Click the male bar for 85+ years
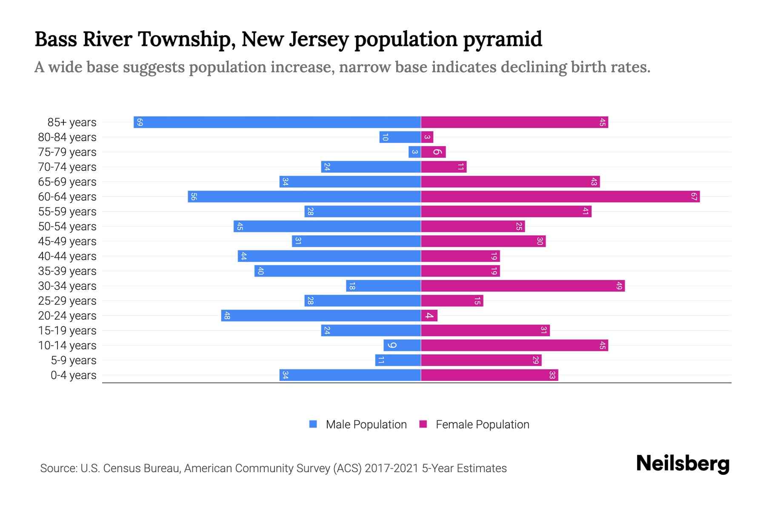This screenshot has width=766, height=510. [x=277, y=122]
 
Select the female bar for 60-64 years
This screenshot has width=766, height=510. [x=560, y=196]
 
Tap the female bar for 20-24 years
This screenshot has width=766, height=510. [x=429, y=315]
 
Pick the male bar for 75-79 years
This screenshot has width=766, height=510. [x=414, y=152]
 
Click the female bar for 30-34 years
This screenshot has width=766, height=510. [x=523, y=286]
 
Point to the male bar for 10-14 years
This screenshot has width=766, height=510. [x=402, y=345]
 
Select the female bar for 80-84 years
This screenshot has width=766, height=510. [x=427, y=137]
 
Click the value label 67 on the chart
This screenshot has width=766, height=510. [x=694, y=196]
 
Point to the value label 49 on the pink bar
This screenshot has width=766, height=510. [x=619, y=286]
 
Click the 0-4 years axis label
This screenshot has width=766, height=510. [x=73, y=375]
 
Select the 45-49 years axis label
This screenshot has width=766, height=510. [x=67, y=241]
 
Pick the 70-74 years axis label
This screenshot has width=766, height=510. [x=67, y=167]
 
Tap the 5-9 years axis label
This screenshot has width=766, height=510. [x=73, y=360]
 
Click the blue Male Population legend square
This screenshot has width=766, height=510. [x=313, y=424]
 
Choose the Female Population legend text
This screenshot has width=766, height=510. [x=482, y=424]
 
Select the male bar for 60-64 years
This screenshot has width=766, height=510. [x=304, y=196]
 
